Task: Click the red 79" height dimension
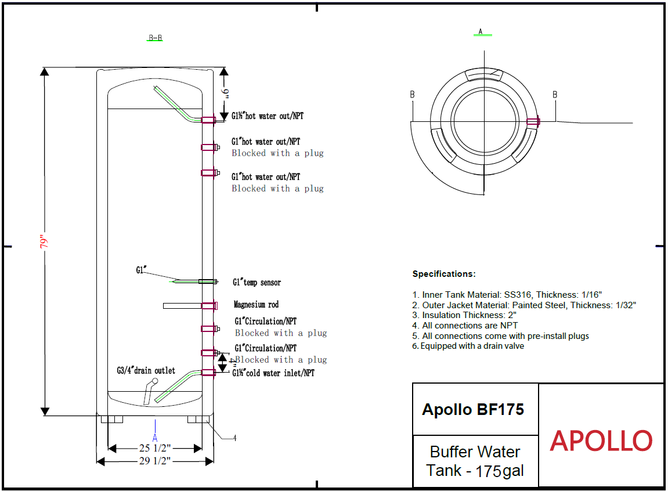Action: click(x=44, y=241)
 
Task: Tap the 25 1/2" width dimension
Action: click(x=155, y=449)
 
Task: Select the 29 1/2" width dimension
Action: click(x=155, y=461)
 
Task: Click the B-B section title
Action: click(x=155, y=38)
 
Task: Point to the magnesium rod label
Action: click(x=257, y=305)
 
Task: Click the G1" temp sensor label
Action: click(x=257, y=283)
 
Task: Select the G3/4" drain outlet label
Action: click(x=146, y=371)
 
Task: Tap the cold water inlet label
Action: click(x=273, y=373)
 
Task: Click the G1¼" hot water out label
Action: click(x=268, y=116)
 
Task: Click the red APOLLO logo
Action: click(x=601, y=441)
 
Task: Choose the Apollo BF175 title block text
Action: click(x=473, y=410)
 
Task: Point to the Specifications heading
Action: click(x=444, y=274)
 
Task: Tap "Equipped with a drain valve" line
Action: click(x=468, y=346)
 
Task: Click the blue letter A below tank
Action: click(x=155, y=438)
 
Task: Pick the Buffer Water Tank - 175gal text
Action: click(x=475, y=461)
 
